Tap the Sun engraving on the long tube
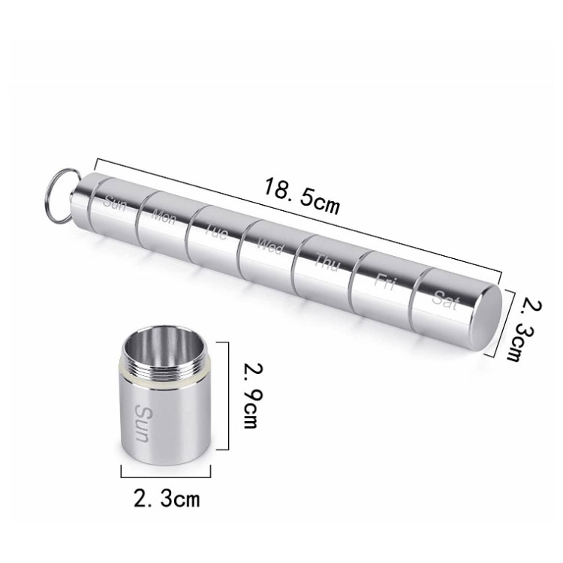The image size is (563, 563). [114, 203]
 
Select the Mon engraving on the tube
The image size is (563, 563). [164, 217]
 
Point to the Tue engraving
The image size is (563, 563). [216, 232]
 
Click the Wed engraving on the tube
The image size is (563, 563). [270, 247]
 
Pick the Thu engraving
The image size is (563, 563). [327, 263]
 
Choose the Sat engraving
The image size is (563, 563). [446, 300]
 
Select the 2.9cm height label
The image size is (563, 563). [253, 396]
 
